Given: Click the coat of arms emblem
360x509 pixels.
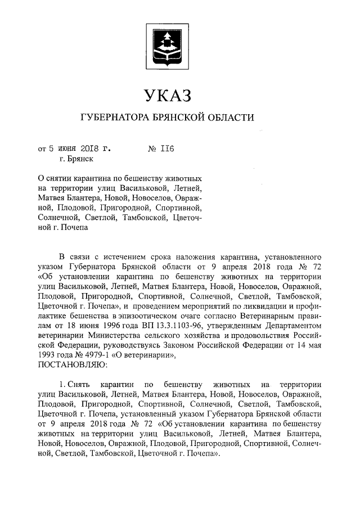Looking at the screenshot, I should tap(168, 44).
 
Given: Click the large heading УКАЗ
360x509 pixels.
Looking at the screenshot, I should tap(168, 94).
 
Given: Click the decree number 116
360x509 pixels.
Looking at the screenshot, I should tap(168, 149).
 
